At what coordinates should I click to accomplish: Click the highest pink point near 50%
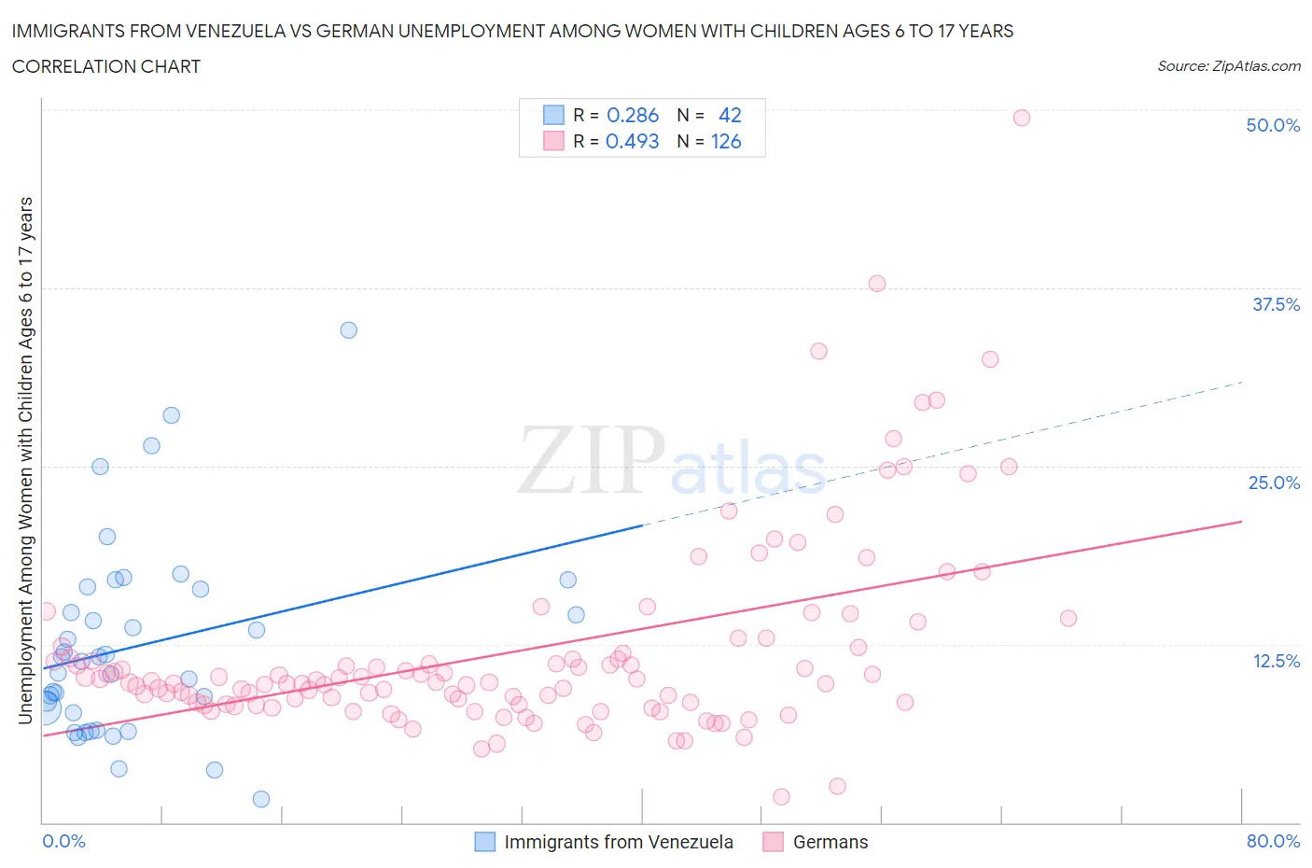coord(1021,118)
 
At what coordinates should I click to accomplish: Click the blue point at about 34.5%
coord(348,329)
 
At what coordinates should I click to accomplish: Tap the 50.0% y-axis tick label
coord(1273,125)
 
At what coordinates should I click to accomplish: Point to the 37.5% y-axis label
coord(1276,304)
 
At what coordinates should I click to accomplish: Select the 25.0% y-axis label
coord(1274,483)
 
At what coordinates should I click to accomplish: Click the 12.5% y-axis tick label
coord(1276,661)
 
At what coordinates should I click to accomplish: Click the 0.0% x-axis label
coord(63,841)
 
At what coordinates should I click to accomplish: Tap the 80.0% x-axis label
coord(1273,841)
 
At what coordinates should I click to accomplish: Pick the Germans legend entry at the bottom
coord(830,842)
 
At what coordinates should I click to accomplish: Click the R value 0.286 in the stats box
coord(633,115)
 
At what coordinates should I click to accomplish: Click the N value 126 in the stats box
coord(726,141)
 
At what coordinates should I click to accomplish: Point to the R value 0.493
coord(633,141)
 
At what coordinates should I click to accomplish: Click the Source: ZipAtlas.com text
coord(1228,65)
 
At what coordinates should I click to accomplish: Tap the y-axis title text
coord(26,460)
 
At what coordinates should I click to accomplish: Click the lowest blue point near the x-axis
coord(261,799)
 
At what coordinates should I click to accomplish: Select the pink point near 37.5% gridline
coord(876,284)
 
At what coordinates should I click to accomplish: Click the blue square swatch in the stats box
coord(553,115)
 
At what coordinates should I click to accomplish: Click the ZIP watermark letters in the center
coord(592,459)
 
